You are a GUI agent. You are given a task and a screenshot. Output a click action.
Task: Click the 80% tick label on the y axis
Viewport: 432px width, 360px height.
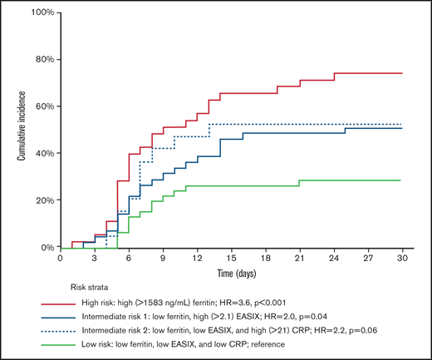(x=42, y=60)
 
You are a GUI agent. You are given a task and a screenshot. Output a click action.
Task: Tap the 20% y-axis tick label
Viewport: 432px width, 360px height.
(x=42, y=200)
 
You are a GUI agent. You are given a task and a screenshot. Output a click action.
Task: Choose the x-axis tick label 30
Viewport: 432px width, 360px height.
(x=402, y=259)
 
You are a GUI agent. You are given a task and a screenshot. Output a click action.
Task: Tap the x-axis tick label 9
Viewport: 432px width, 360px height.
(x=163, y=259)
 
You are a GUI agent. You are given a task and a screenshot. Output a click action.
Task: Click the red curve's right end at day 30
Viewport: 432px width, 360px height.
(x=402, y=73)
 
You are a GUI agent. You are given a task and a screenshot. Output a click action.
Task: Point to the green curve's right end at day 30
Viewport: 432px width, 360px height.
(x=402, y=180)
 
